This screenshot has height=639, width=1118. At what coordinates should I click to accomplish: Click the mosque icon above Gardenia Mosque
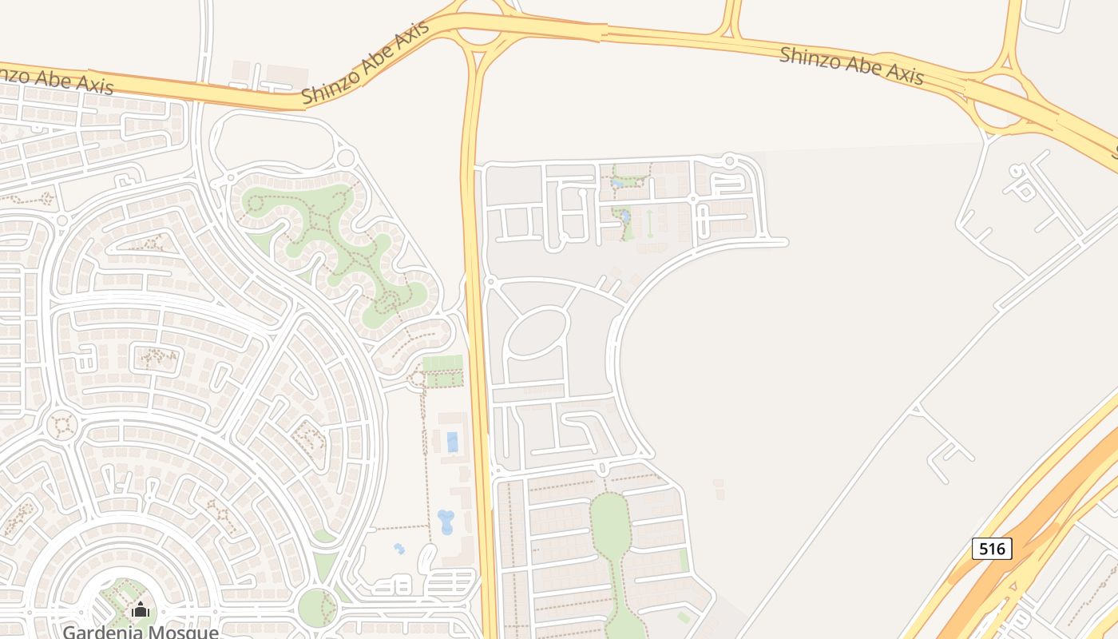[141, 609]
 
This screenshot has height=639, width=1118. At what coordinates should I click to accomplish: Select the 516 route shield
[992, 549]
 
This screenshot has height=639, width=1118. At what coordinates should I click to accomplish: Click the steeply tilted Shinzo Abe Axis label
[366, 62]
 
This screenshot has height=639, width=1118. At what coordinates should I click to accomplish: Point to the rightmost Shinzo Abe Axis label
[851, 65]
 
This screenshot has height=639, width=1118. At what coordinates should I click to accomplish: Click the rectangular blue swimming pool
[453, 442]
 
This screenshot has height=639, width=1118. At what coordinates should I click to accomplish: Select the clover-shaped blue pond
[445, 522]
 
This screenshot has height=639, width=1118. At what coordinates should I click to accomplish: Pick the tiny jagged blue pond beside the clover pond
[399, 549]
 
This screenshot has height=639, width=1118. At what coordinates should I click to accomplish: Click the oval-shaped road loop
[537, 332]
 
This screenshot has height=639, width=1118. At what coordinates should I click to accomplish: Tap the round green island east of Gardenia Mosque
[317, 607]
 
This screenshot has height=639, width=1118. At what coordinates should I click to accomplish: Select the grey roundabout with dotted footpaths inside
[61, 425]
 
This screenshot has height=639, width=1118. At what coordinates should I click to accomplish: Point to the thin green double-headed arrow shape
[650, 223]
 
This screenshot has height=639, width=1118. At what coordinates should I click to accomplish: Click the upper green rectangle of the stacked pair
[442, 363]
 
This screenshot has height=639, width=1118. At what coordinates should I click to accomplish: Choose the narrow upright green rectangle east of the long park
[684, 560]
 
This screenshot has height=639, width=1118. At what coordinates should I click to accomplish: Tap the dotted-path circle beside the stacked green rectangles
[416, 377]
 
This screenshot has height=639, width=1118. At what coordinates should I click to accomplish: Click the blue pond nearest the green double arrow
[625, 216]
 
